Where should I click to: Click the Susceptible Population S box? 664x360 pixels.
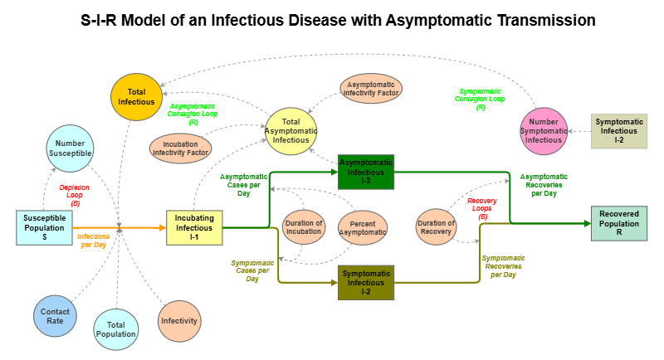44,227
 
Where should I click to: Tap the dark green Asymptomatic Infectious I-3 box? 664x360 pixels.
366,172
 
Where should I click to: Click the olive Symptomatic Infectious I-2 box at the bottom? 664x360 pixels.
366,283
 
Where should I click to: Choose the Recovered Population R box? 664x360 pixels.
619,223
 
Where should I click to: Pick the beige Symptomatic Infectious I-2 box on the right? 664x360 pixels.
618,131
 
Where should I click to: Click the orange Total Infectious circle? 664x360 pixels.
135,96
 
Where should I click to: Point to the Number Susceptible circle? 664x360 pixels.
69,148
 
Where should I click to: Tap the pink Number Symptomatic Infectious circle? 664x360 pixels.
544,131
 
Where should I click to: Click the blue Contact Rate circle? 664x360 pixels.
56,315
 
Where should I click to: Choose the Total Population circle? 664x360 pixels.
115,329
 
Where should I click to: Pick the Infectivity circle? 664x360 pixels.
179,319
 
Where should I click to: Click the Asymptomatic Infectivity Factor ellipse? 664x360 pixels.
371,87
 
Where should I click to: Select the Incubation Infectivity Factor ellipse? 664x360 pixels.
180,148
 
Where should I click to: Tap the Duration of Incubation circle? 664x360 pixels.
304,228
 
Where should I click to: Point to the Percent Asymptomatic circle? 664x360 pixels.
363,228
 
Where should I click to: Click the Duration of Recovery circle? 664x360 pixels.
436,228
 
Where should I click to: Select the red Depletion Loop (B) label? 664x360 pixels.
75,195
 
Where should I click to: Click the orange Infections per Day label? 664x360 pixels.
93,241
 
